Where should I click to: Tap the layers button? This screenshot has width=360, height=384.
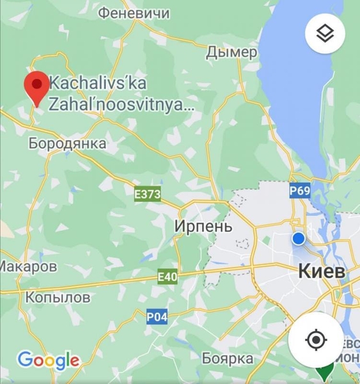[325, 34]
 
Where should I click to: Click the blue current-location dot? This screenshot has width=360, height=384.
[299, 239]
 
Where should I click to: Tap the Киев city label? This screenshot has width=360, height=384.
[322, 271]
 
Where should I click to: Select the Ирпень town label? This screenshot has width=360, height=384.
[203, 227]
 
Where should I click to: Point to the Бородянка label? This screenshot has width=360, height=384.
[67, 143]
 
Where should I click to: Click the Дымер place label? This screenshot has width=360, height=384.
[231, 52]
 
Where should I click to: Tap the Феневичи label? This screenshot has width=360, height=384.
[135, 13]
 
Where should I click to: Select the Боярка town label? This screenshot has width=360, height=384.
[228, 358]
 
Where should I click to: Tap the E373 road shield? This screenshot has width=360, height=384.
[147, 193]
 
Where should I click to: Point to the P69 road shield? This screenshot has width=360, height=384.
[300, 190]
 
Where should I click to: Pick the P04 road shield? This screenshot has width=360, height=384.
[157, 316]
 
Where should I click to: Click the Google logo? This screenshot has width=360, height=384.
[49, 360]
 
